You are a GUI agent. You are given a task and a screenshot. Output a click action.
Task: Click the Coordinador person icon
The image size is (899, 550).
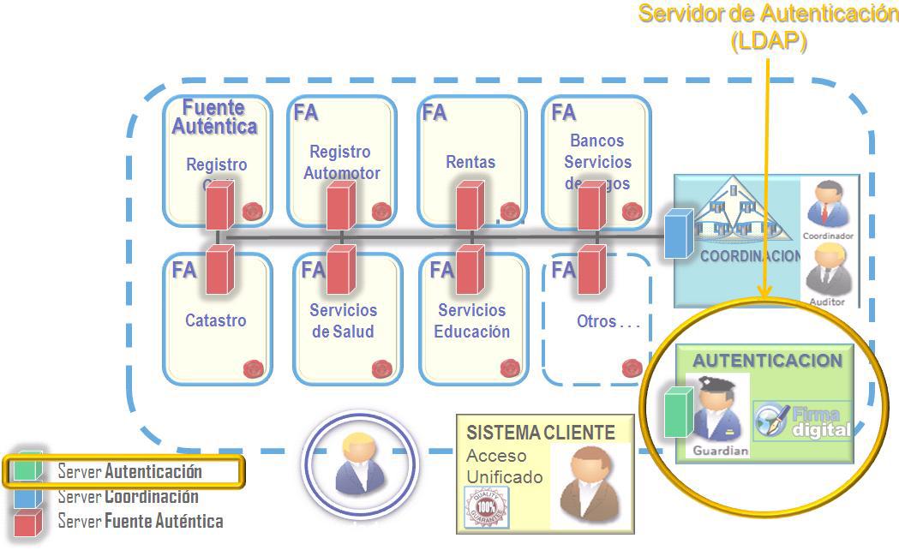pos(827,206)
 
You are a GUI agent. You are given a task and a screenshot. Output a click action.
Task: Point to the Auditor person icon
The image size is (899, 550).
pos(827,269)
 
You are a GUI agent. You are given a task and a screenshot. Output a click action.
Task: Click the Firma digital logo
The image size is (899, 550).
pos(802,421)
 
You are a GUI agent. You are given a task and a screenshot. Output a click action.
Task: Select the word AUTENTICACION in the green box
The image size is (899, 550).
pos(767,361)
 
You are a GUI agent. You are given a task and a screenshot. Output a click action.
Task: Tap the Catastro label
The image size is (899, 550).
pos(215,320)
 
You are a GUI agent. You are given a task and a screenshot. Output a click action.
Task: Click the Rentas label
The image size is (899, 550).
pos(470,161)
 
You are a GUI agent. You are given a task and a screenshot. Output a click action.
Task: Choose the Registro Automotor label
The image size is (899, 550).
pos(341,162)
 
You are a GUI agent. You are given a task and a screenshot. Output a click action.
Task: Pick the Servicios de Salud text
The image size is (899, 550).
pos(343,320)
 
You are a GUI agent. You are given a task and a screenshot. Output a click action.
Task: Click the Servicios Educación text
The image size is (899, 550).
pos(471,320)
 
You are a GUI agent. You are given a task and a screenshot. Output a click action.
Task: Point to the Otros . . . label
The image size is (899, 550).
pos(608,322)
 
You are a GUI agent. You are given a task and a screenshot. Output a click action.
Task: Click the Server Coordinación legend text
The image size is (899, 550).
pos(128,496)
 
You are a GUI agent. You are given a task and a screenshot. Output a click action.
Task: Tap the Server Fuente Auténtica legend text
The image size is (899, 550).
pos(140,521)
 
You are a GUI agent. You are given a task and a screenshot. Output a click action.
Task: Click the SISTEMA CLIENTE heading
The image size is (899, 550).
pos(541,433)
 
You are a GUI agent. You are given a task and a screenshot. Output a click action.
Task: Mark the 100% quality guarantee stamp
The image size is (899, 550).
pos(486,507)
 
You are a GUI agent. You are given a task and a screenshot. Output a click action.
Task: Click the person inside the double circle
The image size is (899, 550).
pos(359,463)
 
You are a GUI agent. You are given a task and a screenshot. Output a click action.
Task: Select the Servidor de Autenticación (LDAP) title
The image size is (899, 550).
pos(769,27)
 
